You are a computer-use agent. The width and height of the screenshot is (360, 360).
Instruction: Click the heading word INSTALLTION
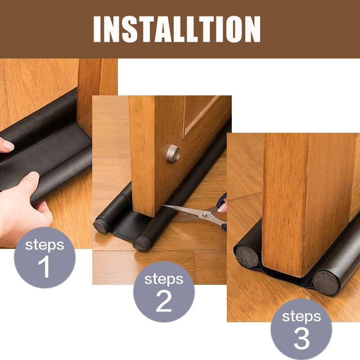(177, 29)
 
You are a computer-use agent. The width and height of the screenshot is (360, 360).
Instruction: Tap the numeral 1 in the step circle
(45, 267)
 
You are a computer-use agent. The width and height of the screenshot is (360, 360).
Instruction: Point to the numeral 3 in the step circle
(301, 338)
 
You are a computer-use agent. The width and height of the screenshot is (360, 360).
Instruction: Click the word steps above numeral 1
(45, 245)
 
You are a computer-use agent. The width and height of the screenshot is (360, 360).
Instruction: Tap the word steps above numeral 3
(301, 316)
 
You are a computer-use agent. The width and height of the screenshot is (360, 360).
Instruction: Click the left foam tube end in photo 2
(102, 225)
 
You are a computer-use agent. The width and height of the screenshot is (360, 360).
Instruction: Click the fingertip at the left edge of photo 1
(5, 144)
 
